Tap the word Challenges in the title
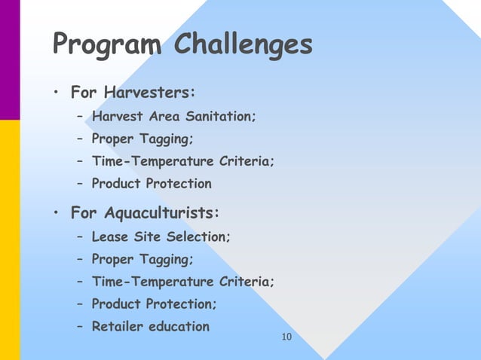(243, 44)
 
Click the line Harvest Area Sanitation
(173, 117)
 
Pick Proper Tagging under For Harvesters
(142, 139)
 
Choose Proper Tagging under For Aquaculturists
(142, 260)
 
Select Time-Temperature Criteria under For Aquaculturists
(183, 282)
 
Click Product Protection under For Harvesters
(152, 184)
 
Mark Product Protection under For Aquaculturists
(154, 304)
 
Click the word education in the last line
(181, 326)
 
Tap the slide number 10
(285, 336)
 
